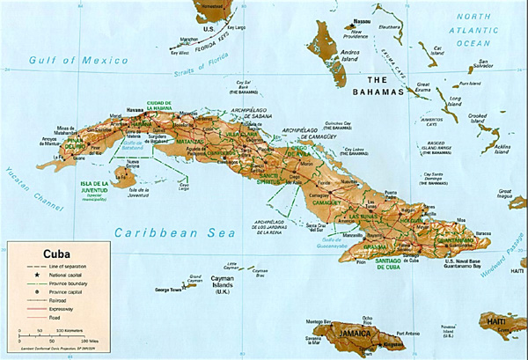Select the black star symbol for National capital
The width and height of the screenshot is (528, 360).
click(29, 276)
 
